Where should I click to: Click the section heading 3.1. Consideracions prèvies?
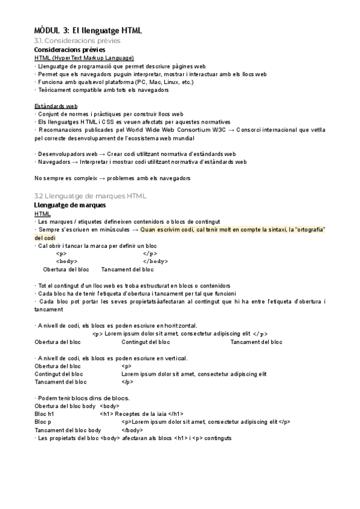(77, 40)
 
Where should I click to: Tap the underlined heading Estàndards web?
(56, 106)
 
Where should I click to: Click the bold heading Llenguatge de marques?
(70, 205)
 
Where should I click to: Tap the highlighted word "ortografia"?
(308, 229)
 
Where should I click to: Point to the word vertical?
(175, 358)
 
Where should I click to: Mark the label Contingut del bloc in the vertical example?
(59, 374)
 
